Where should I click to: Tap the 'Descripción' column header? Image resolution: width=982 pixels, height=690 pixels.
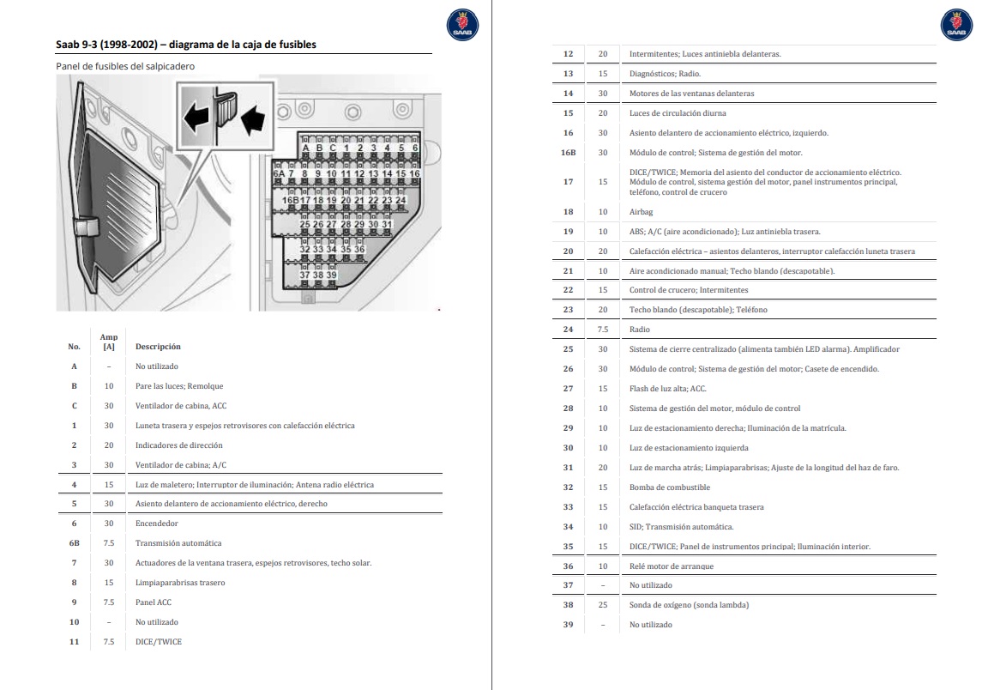point(158,347)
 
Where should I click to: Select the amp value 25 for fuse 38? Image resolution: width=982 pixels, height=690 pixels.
point(603,605)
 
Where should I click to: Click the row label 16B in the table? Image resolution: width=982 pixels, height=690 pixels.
point(568,153)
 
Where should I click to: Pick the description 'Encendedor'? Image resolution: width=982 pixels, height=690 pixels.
point(157,524)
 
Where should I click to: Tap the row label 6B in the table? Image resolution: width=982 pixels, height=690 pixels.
point(74,543)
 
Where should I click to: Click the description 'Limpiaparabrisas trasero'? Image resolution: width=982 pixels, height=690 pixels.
point(180,583)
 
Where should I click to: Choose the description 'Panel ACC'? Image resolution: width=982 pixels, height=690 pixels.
point(154,602)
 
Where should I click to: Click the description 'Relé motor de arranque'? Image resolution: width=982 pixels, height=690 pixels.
point(672,566)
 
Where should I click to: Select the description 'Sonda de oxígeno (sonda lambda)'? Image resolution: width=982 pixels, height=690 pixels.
point(689,605)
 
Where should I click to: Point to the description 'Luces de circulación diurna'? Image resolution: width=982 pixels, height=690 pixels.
point(678,113)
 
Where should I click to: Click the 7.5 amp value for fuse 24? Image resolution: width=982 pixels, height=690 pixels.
point(603,330)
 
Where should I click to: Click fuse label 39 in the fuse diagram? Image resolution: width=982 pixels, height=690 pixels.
point(331,275)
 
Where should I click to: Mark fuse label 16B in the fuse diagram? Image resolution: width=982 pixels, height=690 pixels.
point(291,200)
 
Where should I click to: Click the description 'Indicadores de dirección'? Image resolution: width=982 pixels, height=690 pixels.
point(178,445)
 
